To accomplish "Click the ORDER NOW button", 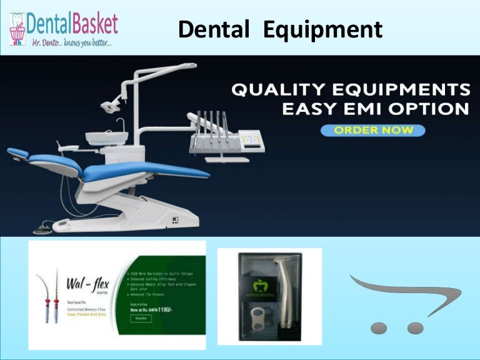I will tap(372, 130).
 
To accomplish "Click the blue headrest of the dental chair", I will tap(17, 152).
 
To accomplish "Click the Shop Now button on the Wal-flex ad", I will tap(141, 318).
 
